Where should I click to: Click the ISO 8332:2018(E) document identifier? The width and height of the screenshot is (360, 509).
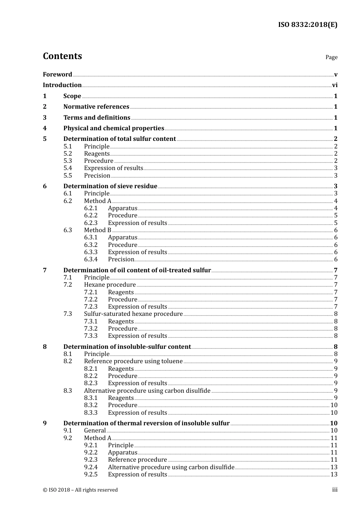coord(307,25)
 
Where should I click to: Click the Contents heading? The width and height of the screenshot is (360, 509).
coord(62,56)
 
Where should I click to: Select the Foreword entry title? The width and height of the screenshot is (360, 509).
coord(57,74)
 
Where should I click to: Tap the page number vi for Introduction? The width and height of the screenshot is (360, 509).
coord(335,85)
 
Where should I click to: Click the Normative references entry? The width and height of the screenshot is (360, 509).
coord(96,107)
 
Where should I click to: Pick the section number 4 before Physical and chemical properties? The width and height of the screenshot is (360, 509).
coord(45,128)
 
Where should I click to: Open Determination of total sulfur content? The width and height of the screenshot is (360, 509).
coord(119,139)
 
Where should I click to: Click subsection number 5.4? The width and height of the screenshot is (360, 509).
coord(67,168)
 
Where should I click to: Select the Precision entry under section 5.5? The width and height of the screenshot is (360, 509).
coord(97,176)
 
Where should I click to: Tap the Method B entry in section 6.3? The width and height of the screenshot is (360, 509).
coord(97,230)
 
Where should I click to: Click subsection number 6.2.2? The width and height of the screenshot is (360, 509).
coord(91,215)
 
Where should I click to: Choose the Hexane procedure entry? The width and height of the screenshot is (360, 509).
coord(110,285)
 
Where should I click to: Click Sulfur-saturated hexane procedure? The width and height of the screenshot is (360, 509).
coord(133,314)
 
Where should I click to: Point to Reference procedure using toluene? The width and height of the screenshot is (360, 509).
coord(133,361)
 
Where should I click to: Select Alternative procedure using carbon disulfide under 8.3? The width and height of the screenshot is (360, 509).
coord(147,391)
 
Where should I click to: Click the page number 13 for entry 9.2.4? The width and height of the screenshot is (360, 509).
coord(334,467)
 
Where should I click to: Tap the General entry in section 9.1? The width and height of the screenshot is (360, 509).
coord(95,431)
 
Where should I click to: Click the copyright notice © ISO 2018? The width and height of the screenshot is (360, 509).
coord(80,490)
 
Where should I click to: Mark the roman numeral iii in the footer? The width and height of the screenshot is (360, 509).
coord(335,490)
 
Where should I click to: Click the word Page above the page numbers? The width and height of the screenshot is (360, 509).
coord(331,57)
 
